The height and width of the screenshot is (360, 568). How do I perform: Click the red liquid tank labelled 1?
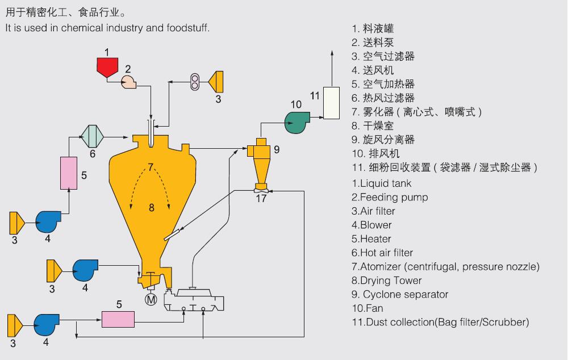pyautogui.click(x=107, y=67)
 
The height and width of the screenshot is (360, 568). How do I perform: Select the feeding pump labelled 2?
pyautogui.click(x=128, y=82)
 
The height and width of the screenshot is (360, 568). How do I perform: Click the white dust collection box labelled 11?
pyautogui.click(x=331, y=103)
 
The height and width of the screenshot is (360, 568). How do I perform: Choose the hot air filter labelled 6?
pyautogui.click(x=92, y=136)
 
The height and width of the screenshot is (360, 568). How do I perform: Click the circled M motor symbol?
pyautogui.click(x=151, y=299)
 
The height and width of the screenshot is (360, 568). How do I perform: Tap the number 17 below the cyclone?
pyautogui.click(x=261, y=199)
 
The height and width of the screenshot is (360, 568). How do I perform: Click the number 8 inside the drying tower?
pyautogui.click(x=152, y=207)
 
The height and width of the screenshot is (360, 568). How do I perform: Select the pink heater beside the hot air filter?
pyautogui.click(x=69, y=173)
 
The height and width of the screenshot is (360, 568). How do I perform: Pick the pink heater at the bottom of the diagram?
pyautogui.click(x=118, y=320)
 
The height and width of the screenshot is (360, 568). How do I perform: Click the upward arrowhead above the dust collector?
pyautogui.click(x=332, y=53)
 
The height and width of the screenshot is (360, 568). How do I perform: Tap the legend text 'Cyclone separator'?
pyautogui.click(x=406, y=295)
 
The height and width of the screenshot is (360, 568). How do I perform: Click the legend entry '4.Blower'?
pyautogui.click(x=371, y=225)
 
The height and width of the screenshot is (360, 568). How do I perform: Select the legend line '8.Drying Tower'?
pyautogui.click(x=386, y=281)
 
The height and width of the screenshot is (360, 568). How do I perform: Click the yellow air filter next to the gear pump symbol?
pyautogui.click(x=216, y=82)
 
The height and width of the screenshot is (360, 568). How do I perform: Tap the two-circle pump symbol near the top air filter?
pyautogui.click(x=195, y=82)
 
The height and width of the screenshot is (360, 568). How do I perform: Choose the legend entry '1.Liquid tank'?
pyautogui.click(x=382, y=183)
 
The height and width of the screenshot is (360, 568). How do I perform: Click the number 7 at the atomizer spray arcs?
pyautogui.click(x=151, y=167)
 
